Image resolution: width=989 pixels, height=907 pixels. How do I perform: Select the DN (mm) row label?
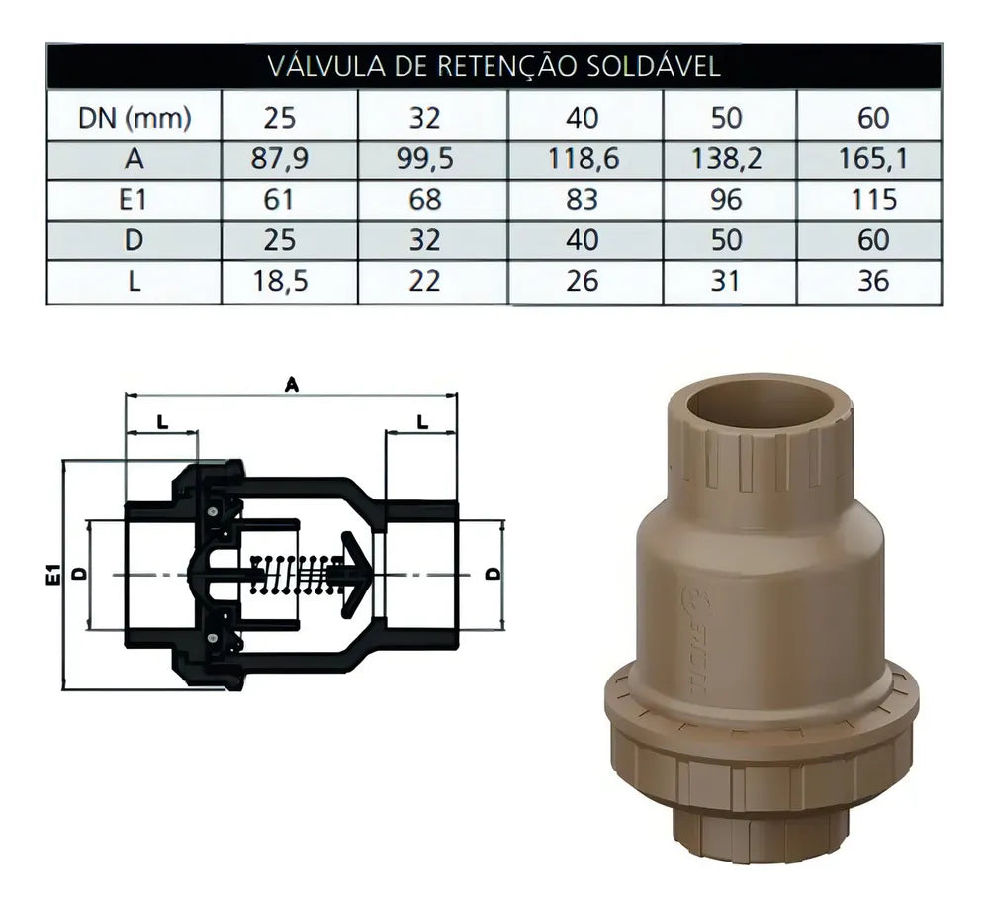pyautogui.click(x=135, y=118)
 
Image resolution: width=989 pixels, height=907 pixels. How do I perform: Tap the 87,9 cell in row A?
pyautogui.click(x=280, y=158)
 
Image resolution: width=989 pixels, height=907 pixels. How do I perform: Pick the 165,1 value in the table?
pyautogui.click(x=873, y=158)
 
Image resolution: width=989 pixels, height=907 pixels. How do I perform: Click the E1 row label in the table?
pyautogui.click(x=134, y=200)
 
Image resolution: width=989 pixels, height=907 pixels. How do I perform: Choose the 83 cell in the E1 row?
pyautogui.click(x=582, y=200)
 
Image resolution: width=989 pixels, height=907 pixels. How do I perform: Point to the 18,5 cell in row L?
pyautogui.click(x=280, y=281)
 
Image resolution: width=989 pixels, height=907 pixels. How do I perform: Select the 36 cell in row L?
pyautogui.click(x=873, y=281)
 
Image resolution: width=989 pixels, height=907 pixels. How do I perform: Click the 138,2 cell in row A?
pyautogui.click(x=726, y=158)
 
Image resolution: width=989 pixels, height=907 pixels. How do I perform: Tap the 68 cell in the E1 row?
pyautogui.click(x=424, y=200)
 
